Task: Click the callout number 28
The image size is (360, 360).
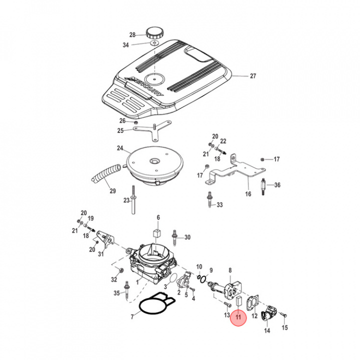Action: pyautogui.click(x=132, y=35)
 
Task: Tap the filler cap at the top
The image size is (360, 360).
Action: pyautogui.click(x=155, y=33)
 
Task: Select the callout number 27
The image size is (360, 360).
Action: pyautogui.click(x=252, y=76)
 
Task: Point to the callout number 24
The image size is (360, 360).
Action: pyautogui.click(x=120, y=148)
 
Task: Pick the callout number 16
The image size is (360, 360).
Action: pyautogui.click(x=248, y=194)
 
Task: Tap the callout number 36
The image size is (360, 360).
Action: pyautogui.click(x=277, y=185)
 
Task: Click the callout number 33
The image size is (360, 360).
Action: pyautogui.click(x=219, y=205)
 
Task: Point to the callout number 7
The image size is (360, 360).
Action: pyautogui.click(x=131, y=317)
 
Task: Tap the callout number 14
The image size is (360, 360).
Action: pyautogui.click(x=266, y=330)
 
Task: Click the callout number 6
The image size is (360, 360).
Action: pyautogui.click(x=158, y=217)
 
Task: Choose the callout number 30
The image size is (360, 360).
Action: pyautogui.click(x=187, y=237)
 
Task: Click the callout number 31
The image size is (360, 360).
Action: pyautogui.click(x=100, y=254)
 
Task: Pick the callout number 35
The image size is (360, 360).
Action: pyautogui.click(x=117, y=293)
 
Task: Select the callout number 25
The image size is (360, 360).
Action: pyautogui.click(x=120, y=131)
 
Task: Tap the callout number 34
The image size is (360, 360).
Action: pyautogui.click(x=125, y=45)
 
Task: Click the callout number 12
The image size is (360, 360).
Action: pyautogui.click(x=254, y=315)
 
